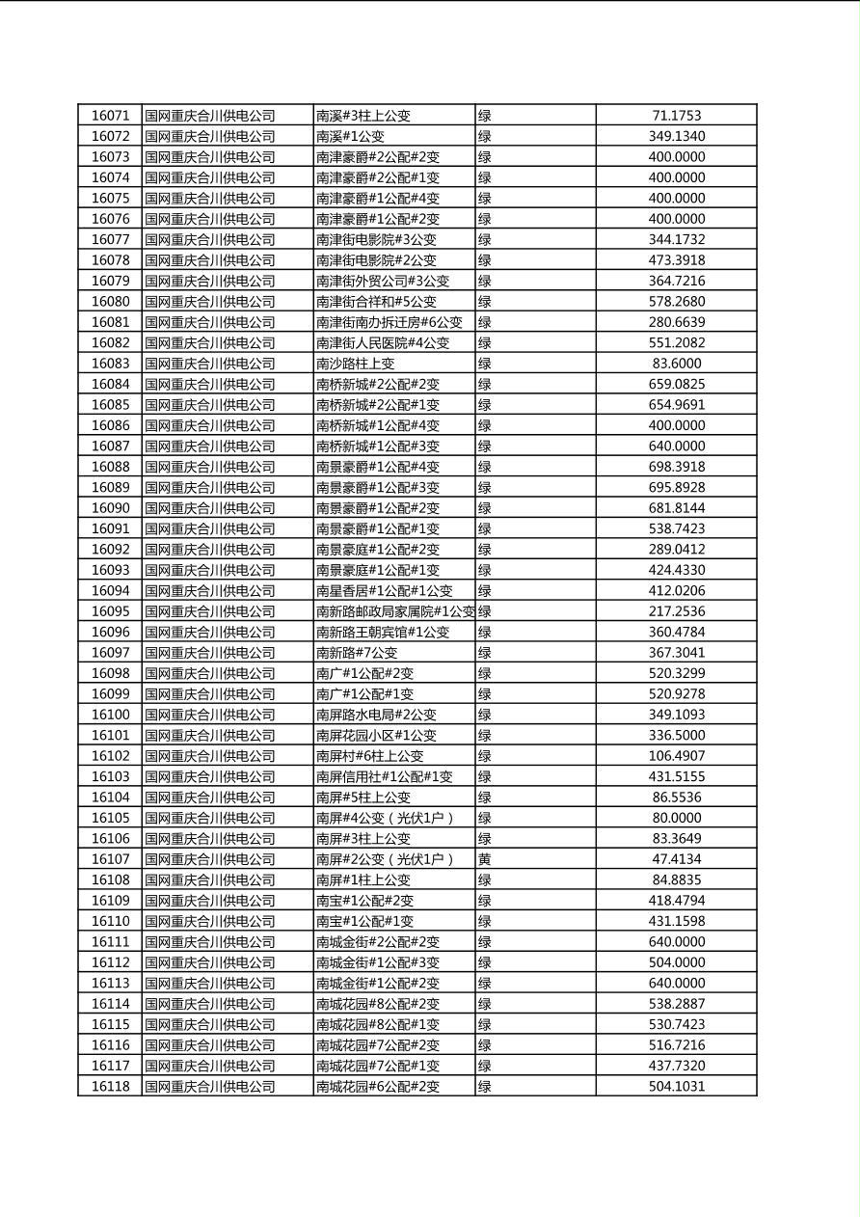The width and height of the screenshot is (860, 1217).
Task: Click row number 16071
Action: [x=110, y=116]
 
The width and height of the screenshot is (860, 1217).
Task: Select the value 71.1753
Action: [x=676, y=116]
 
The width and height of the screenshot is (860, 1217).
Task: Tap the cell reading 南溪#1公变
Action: [x=350, y=136]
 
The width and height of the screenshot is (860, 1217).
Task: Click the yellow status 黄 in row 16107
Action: [x=485, y=859]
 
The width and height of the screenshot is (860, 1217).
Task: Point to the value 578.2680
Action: [x=676, y=302]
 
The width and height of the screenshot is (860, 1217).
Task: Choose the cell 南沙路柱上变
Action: [x=356, y=364]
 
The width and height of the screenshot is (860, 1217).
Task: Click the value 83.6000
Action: [x=676, y=364]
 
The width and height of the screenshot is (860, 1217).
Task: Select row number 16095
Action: [x=110, y=611]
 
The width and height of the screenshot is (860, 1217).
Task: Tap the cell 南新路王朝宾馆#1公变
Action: [x=383, y=632]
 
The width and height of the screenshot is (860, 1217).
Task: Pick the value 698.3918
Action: [x=676, y=467]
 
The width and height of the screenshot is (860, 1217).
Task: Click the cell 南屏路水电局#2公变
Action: [x=376, y=715]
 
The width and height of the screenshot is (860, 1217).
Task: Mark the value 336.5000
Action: [x=676, y=735]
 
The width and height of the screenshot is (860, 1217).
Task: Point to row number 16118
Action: [x=110, y=1087]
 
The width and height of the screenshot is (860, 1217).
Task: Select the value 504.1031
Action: [x=676, y=1087]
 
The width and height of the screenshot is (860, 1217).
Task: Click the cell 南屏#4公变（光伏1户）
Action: [x=385, y=818]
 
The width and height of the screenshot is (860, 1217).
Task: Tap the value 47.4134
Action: [x=676, y=859]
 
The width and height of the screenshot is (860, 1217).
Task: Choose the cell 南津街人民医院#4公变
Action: [x=383, y=342]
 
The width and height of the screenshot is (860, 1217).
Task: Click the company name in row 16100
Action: [x=210, y=715]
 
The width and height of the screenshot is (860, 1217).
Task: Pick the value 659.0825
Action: [x=676, y=384]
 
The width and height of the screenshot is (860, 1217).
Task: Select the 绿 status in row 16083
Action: [x=485, y=364]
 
